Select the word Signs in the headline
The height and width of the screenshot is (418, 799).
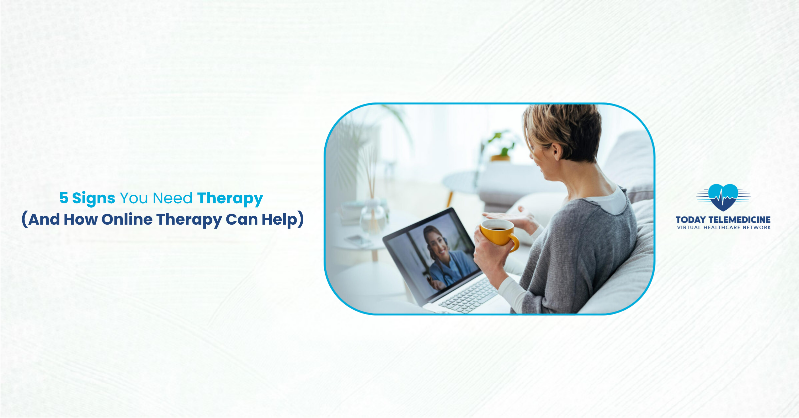coord(94,199)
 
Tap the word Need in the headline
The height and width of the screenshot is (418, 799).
coord(172,198)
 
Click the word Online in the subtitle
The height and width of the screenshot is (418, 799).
coord(127,219)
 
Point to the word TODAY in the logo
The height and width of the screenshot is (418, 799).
coord(691,220)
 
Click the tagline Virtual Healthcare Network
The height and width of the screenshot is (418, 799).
coord(723,228)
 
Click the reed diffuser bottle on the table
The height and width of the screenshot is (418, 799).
coord(373,216)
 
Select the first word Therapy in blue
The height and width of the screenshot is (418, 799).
coord(230,198)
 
